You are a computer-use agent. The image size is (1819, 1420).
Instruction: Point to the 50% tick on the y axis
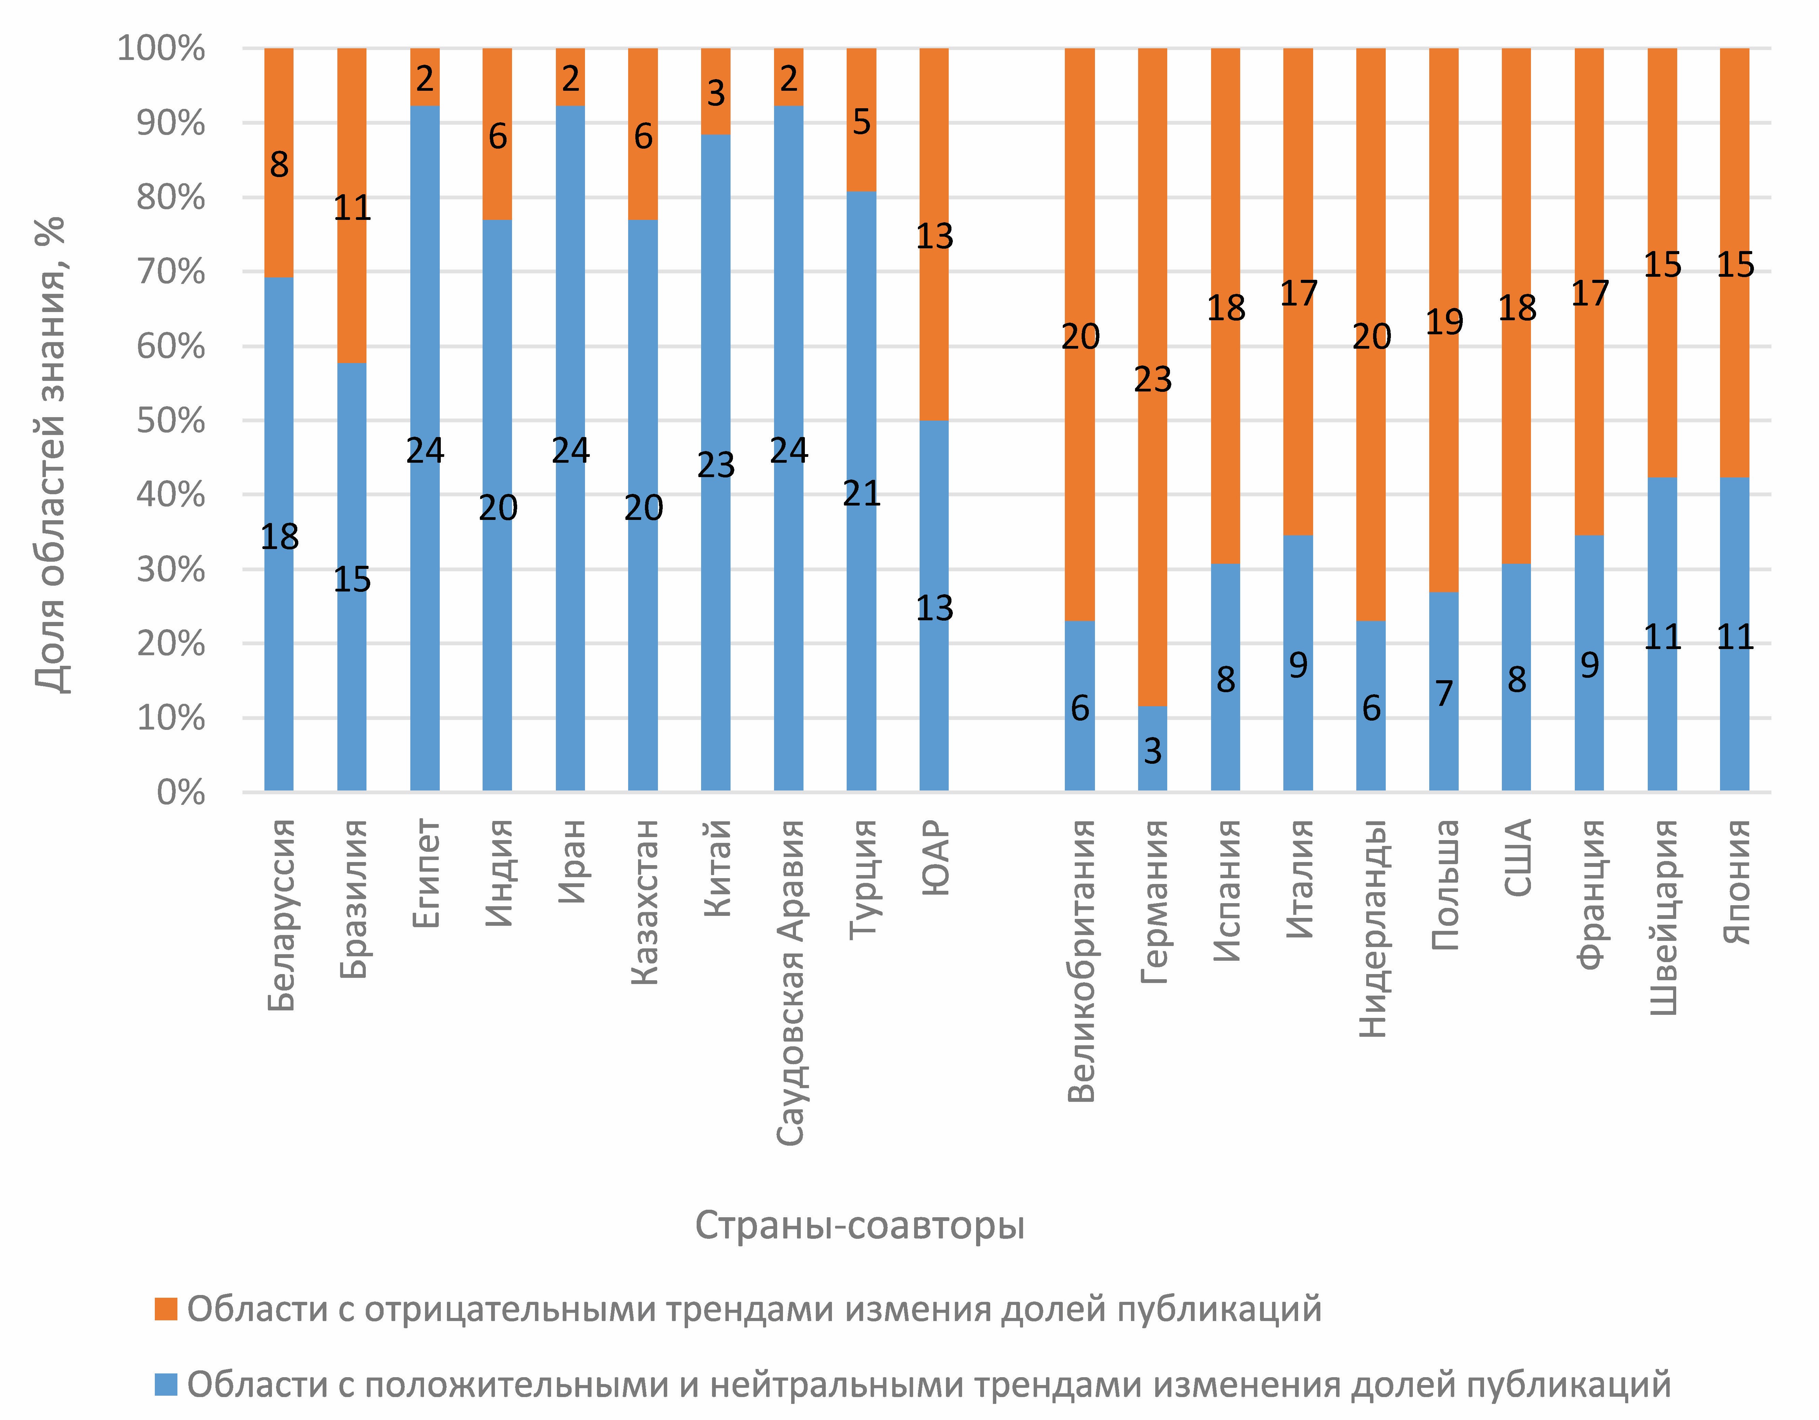point(171,421)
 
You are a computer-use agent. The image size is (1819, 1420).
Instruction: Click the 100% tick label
point(161,48)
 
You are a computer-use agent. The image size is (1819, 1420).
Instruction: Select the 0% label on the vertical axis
point(181,792)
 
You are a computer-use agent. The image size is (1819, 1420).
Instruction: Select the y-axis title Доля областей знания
point(50,454)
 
